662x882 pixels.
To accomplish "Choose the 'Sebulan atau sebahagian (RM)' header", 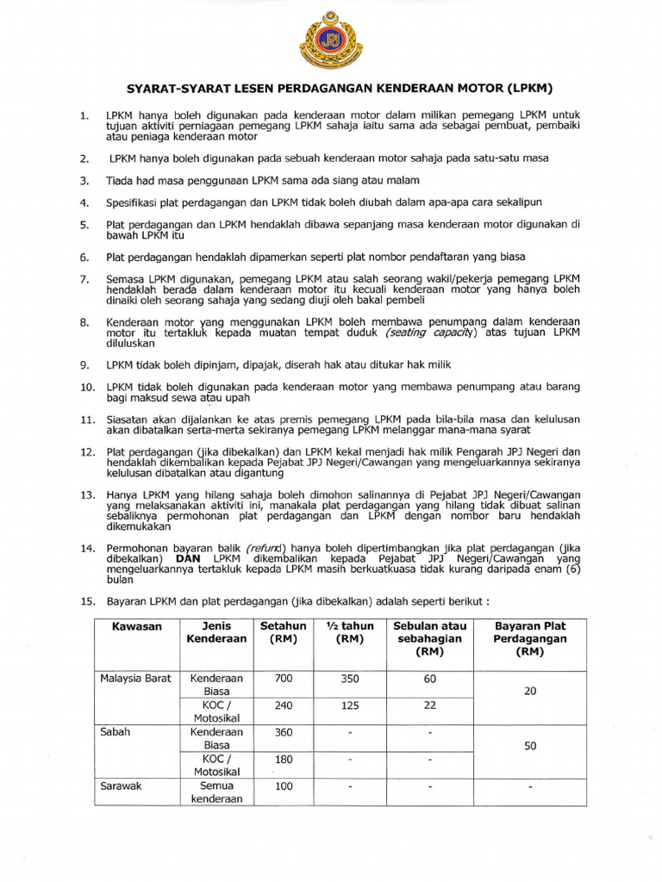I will coord(428,640).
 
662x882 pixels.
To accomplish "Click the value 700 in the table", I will coord(284,679).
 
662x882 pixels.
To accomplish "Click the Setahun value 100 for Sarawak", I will coord(284,786).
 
